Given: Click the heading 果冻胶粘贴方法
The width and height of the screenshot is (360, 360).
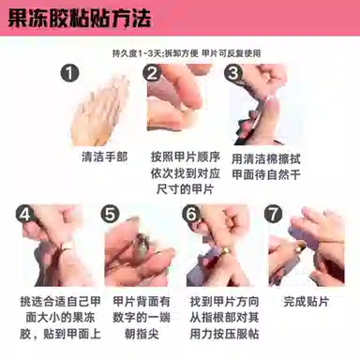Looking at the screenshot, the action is coord(80,18).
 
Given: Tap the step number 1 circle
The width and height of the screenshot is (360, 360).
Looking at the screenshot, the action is coord(69,73).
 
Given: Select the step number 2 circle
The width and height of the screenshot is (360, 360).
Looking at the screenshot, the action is coord(152,73).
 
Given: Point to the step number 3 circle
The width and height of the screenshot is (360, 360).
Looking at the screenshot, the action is coord(233,73).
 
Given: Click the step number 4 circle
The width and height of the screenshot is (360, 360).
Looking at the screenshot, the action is coord(25,215).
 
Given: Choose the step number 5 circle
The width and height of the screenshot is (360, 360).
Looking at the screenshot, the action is coord(110,215).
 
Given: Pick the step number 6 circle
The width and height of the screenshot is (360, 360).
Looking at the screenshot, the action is coord(192,215).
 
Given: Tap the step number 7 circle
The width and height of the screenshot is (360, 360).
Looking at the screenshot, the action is coord(274,215).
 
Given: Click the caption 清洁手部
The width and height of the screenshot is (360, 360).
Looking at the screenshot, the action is coord(105,157).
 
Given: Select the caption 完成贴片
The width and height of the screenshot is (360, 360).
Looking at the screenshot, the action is coord(307,302).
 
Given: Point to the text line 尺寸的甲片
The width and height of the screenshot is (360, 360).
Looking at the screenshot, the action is coord(185,189).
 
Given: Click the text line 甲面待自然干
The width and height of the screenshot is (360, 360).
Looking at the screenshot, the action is coord(266,175).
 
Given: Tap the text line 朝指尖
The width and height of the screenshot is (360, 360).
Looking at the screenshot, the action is coord(142,334).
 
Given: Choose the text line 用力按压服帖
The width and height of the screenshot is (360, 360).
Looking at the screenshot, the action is coord(224,334).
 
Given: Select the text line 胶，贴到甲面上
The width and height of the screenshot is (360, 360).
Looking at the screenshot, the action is coord(60,334).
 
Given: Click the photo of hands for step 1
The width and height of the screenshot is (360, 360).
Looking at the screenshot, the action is coord(100,111).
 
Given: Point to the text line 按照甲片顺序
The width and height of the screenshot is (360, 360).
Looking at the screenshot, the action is coord(186,157).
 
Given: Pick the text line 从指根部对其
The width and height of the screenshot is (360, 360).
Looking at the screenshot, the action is coord(224,318).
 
